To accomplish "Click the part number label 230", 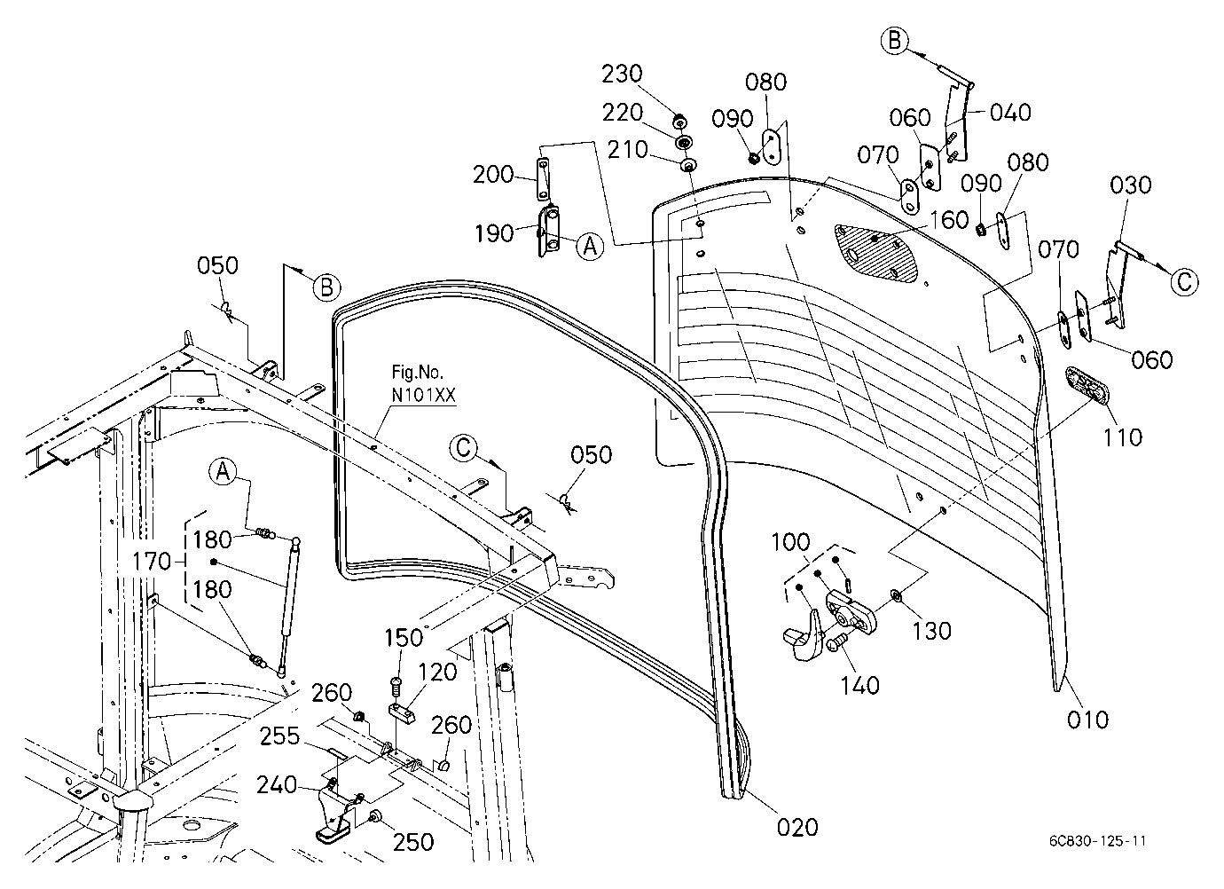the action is pos(621,74).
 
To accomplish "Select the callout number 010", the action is pos(1087,720).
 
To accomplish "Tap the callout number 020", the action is pos(797,828).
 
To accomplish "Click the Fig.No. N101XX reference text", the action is pos(423,384).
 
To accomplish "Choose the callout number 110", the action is pos(1122,437).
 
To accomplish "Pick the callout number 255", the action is pos(279,736).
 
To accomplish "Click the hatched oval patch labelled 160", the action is pos(876,253).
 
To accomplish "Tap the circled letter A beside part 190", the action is pos(590,247).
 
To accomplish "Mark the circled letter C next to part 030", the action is pos(1184,282).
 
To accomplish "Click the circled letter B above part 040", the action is pos(895,41).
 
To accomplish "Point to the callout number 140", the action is pos(859,686).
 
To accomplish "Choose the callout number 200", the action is pos(493,175).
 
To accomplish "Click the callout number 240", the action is pos(277,786).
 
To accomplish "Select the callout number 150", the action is pos(404,638).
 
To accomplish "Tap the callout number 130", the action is pos(932,632).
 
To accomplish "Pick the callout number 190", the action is pos(494,234).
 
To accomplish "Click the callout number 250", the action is pos(413,843).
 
